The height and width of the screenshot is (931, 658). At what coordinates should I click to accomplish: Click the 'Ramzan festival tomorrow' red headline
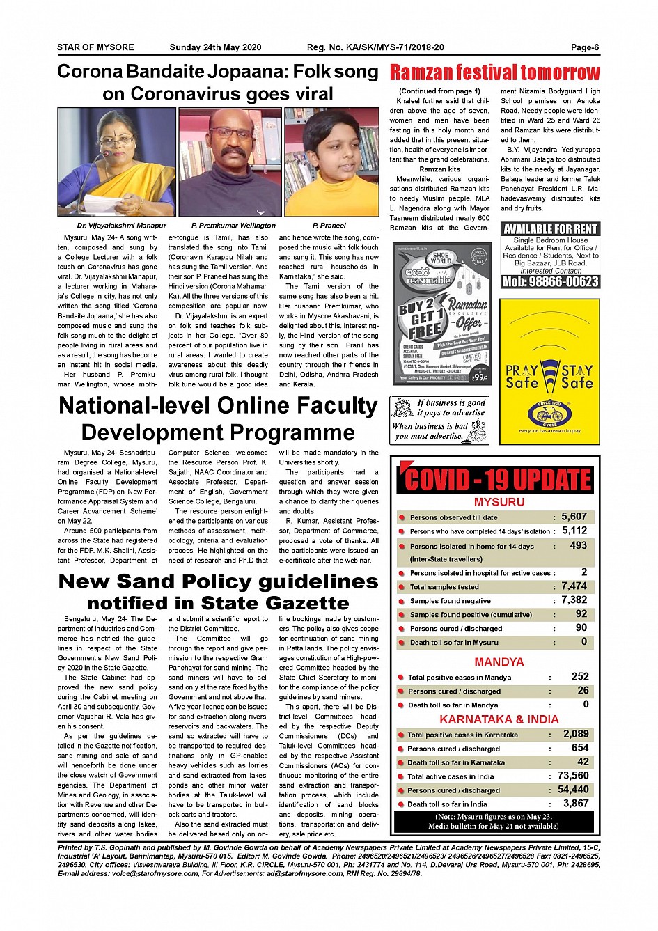pos(494,72)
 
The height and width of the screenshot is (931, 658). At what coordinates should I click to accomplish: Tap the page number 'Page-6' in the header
pos(585,47)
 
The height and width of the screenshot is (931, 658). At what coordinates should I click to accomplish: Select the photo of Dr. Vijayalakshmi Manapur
pos(116,162)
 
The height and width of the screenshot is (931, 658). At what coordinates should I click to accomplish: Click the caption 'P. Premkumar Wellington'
pos(233,226)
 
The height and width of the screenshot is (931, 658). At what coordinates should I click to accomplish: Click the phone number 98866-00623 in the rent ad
pos(550,281)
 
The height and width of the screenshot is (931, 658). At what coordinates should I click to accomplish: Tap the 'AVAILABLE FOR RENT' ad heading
pos(550,229)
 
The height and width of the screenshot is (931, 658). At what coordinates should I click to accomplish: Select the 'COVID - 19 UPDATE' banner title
pos(497,480)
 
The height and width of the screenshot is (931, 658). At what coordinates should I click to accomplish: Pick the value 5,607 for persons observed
pos(574,517)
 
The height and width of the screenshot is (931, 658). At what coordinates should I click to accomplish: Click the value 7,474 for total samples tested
pos(574,586)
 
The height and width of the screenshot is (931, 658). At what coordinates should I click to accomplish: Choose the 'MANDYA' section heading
pos(499,662)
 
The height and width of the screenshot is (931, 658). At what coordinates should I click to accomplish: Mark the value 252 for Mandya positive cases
pos(579,676)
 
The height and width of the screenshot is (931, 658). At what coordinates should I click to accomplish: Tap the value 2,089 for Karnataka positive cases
pos(575,734)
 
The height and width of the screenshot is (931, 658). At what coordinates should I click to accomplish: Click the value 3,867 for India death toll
pos(575,804)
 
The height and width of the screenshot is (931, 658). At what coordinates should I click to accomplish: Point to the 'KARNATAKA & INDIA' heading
pos(499,719)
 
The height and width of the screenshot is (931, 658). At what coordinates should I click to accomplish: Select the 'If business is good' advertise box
pos(439,420)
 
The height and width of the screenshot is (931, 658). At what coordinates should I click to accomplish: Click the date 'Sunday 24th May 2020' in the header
pos(215,47)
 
